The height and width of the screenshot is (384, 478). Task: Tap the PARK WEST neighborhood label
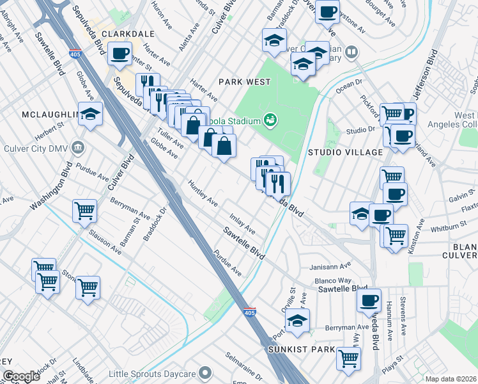click(x=245, y=82)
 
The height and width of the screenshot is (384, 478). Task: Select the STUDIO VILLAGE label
click(x=345, y=152)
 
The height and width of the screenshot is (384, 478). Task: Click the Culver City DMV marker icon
click(x=78, y=148)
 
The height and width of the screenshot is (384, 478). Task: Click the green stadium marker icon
click(x=271, y=120)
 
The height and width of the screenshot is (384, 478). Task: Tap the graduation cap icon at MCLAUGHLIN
click(x=91, y=114)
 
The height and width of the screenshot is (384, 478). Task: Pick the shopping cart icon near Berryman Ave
click(x=84, y=209)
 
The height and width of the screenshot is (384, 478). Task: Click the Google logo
click(x=21, y=376)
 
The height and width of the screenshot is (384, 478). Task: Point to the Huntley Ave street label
click(x=203, y=193)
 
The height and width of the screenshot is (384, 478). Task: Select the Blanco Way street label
click(x=332, y=280)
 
